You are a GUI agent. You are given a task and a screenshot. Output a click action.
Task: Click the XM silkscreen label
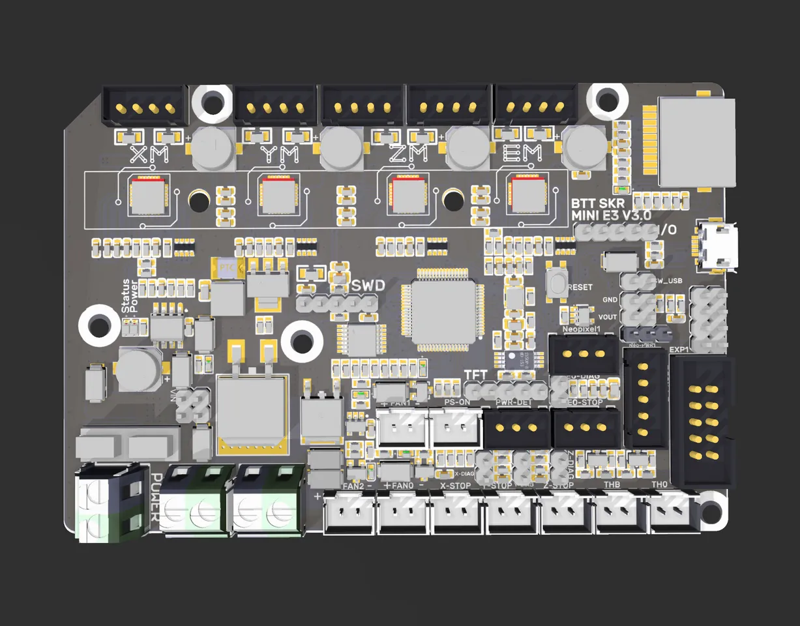click(149, 155)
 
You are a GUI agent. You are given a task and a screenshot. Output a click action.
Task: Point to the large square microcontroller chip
click(443, 308)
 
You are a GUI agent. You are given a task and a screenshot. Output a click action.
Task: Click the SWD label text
click(368, 286)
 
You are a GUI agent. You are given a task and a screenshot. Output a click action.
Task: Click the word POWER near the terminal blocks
click(156, 496)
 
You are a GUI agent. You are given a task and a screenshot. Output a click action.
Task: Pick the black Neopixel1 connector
click(582, 355)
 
